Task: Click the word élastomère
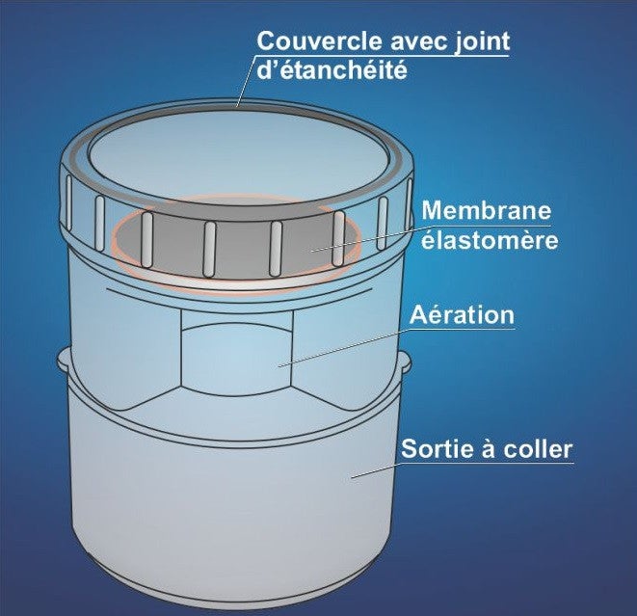490,240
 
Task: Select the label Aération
462,315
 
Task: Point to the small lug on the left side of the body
65,362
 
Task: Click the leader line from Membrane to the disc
366,238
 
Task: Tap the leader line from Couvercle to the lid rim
245,82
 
